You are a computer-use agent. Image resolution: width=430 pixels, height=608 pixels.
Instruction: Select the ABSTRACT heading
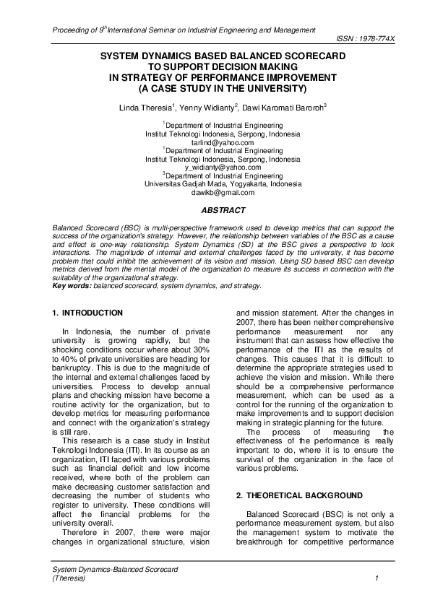tap(223, 210)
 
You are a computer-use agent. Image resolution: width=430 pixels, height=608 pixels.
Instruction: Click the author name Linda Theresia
tap(145, 107)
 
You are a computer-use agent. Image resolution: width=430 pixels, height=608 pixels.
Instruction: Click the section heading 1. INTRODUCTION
tap(88, 313)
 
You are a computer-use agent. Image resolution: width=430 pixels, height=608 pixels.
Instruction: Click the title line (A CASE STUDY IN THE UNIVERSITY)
tap(223, 88)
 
